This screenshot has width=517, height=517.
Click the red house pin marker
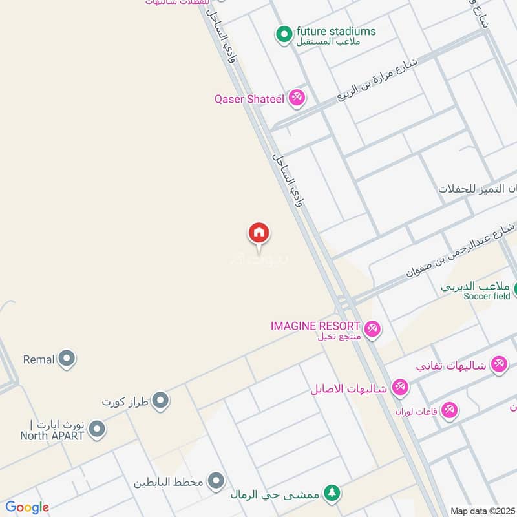click(259, 233)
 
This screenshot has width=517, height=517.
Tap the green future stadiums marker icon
click(284, 35)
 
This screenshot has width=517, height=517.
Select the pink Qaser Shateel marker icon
click(297, 98)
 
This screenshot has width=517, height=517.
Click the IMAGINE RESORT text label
click(315, 326)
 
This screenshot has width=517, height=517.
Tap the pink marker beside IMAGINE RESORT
click(372, 329)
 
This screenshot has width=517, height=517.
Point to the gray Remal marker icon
click(67, 359)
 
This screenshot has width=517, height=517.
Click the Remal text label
click(39, 359)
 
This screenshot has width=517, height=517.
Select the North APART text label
click(52, 436)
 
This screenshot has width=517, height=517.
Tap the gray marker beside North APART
click(97, 429)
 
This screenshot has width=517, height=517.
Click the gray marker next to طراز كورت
click(161, 401)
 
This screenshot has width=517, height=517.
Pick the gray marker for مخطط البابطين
click(216, 481)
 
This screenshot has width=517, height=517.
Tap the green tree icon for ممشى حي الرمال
click(332, 494)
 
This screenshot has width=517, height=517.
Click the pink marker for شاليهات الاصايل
click(400, 388)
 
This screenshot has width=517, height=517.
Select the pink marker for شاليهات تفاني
click(498, 364)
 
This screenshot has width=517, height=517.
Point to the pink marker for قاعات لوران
click(449, 410)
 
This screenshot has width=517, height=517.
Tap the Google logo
click(26, 507)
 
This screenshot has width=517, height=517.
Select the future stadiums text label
click(335, 31)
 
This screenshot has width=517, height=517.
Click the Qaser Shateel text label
click(249, 99)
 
